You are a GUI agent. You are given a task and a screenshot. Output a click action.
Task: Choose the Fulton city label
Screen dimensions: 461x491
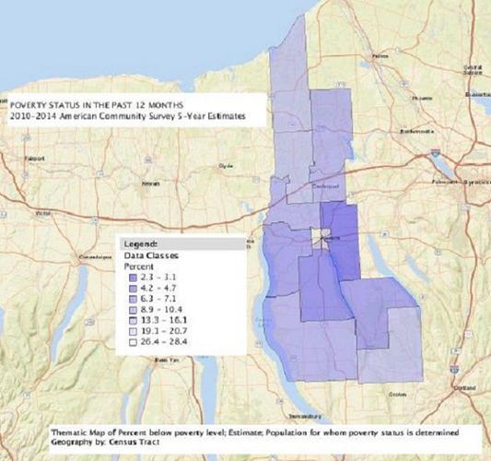378,56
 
